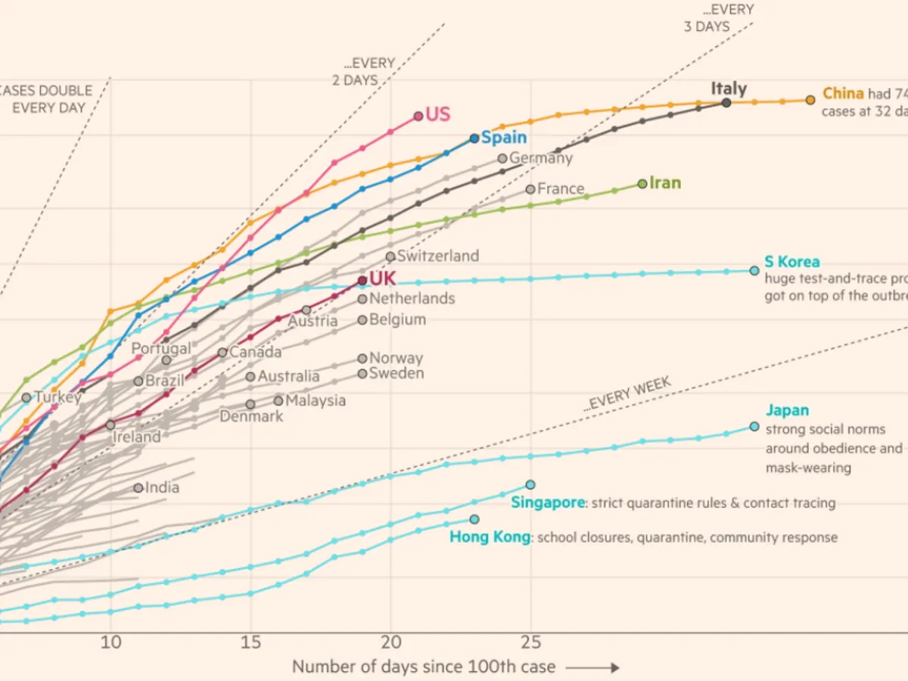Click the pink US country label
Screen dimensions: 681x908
pos(437,115)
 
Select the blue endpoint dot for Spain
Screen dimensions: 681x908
pos(474,138)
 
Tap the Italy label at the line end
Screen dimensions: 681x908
pos(729,89)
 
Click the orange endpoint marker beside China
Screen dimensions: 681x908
pos(810,100)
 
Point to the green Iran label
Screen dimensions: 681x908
pos(665,183)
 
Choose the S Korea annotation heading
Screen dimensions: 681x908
pos(791,262)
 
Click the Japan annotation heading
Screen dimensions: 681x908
pos(787,411)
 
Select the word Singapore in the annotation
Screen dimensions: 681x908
pos(548,502)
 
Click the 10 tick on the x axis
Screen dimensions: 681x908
pos(110,642)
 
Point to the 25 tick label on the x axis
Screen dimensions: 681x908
pos(530,642)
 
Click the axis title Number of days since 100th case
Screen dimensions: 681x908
pos(424,667)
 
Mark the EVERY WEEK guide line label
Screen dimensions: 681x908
pos(628,394)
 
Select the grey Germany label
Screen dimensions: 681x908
pos(541,159)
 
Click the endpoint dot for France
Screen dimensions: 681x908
pos(530,189)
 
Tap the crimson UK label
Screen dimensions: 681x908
pos(382,279)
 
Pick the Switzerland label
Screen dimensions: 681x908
pos(438,256)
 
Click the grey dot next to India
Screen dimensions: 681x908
pos(138,488)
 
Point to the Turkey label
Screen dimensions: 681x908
pos(58,397)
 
